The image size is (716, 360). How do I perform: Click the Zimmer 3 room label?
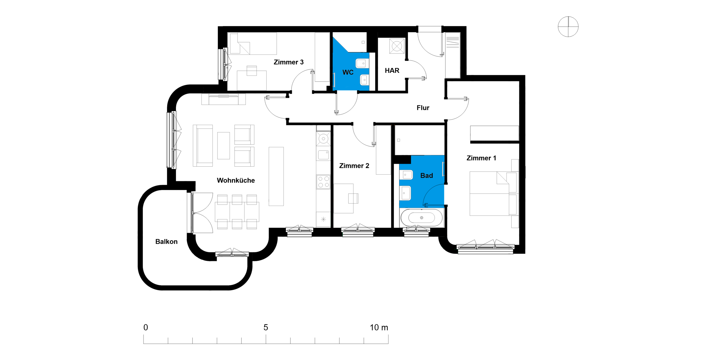tap(288, 62)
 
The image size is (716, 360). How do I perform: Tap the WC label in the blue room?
tap(348, 72)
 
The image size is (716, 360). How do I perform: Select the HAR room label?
tap(392, 70)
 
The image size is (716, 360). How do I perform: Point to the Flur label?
tap(423, 108)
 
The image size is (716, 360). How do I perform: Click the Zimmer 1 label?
tap(481, 158)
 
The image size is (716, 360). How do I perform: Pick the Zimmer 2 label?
tap(354, 166)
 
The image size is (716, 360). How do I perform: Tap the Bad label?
tap(427, 176)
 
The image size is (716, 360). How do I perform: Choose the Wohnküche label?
tap(236, 180)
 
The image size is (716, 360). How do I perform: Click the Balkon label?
tap(166, 241)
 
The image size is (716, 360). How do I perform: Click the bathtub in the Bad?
tap(421, 217)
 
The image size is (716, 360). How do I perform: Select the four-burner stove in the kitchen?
tap(323, 182)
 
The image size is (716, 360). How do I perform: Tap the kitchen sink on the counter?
tap(323, 155)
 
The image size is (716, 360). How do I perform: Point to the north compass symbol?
tap(568, 27)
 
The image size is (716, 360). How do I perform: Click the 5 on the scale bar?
tap(266, 327)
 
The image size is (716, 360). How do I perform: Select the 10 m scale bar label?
tap(379, 327)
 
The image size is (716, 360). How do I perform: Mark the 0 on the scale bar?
tap(146, 327)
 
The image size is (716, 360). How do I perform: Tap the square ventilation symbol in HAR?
tap(397, 46)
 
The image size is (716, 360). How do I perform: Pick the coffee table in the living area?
tap(223, 146)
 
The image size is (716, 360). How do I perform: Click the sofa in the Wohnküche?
tap(203, 146)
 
